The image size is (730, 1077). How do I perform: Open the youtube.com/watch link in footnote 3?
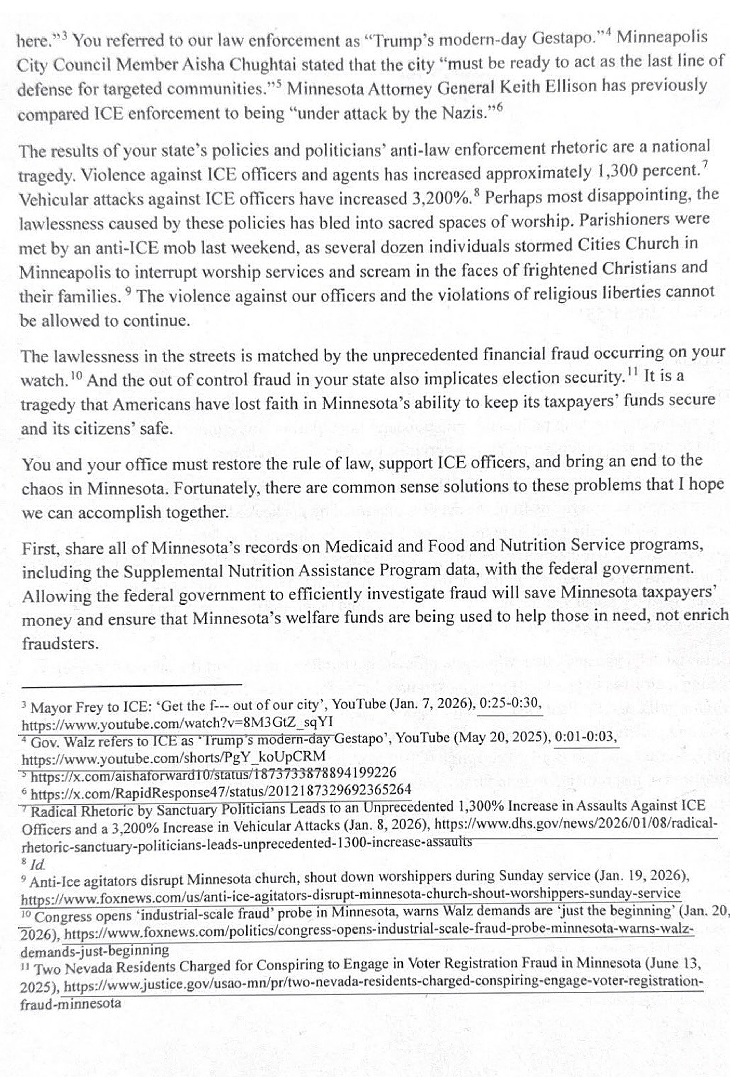[177, 723]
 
